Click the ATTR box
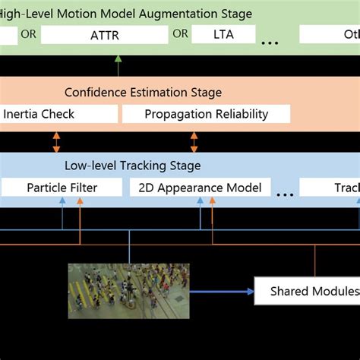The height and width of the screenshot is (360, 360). click(105, 34)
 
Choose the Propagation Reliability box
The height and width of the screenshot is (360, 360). click(206, 114)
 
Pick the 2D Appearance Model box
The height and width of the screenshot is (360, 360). click(201, 188)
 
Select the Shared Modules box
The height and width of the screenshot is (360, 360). click(307, 292)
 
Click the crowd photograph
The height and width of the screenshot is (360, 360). click(128, 289)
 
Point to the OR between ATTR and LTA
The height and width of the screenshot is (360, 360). click(180, 33)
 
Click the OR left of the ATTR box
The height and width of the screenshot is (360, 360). click(29, 33)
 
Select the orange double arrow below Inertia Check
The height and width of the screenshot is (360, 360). click(55, 141)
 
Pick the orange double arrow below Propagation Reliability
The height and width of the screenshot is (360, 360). click(194, 141)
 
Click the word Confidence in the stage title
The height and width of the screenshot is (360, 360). click(95, 93)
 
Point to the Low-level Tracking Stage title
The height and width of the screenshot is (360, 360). click(133, 166)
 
